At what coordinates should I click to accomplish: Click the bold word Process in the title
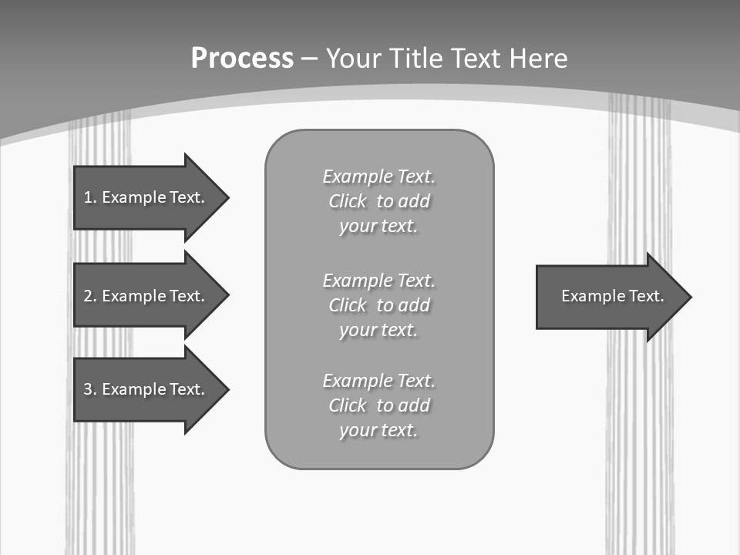point(241,58)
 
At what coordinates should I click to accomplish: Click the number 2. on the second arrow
point(89,296)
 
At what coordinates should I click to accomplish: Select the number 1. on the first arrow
point(89,197)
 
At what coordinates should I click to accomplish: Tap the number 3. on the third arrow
point(89,389)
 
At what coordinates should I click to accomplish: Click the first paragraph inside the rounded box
point(378,201)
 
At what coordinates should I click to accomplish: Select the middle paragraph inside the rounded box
point(378,305)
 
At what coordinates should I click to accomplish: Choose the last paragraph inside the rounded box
point(378,405)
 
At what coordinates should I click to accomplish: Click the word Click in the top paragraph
point(348,201)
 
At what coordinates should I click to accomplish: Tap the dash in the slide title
point(309,59)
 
